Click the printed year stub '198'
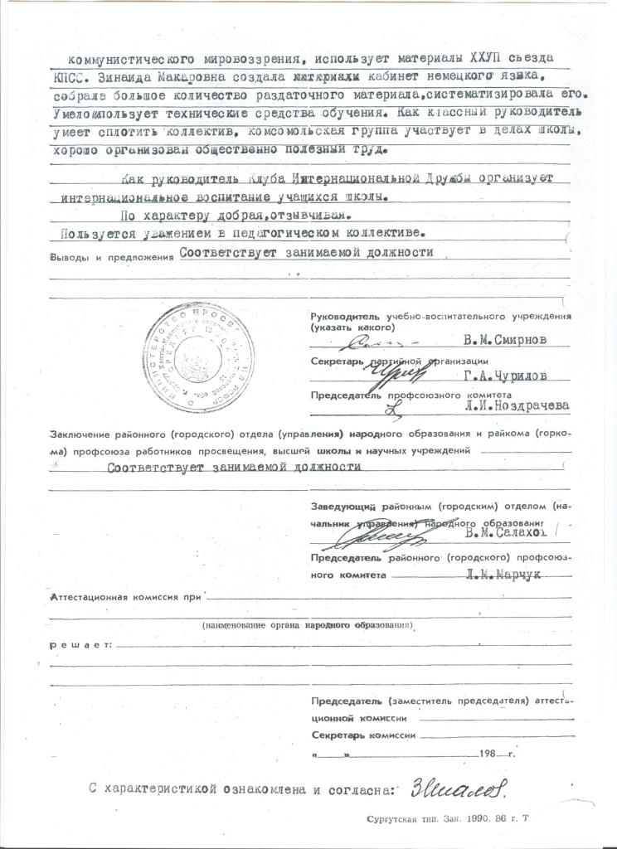pos(493,755)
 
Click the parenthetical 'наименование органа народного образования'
pos(308,624)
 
